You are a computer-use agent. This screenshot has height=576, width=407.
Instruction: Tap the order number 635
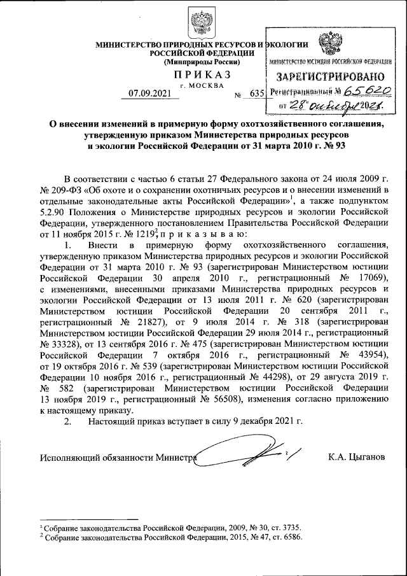pos(256,94)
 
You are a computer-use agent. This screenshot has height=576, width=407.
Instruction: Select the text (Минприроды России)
pos(202,62)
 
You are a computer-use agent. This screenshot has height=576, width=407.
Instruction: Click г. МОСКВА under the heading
pos(202,85)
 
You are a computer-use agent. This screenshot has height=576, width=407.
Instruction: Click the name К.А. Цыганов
pos(356,457)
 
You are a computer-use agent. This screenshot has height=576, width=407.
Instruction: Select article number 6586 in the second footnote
pos(289,537)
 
